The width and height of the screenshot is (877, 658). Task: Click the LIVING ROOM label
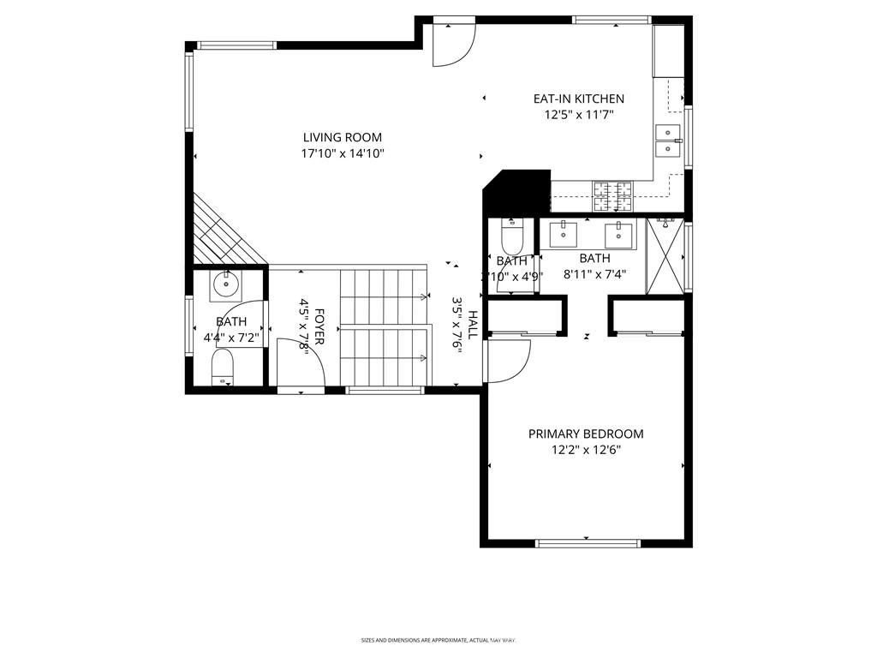pyautogui.click(x=342, y=137)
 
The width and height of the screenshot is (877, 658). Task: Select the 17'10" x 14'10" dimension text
pyautogui.click(x=342, y=154)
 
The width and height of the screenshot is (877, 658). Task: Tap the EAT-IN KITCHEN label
pyautogui.click(x=579, y=99)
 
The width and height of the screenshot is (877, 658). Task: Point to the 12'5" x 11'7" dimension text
pyautogui.click(x=579, y=115)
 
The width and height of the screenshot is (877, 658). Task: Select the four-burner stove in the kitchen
pyautogui.click(x=612, y=197)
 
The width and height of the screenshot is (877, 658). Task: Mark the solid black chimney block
pyautogui.click(x=518, y=190)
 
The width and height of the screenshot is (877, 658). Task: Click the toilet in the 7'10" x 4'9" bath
pyautogui.click(x=512, y=236)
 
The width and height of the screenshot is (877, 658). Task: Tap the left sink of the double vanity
pyautogui.click(x=564, y=230)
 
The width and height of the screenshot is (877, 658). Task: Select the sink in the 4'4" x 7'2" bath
pyautogui.click(x=227, y=284)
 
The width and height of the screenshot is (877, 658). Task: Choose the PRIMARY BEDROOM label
pyautogui.click(x=585, y=434)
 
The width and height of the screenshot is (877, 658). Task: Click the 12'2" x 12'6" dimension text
pyautogui.click(x=585, y=450)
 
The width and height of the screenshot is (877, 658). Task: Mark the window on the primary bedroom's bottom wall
pyautogui.click(x=587, y=542)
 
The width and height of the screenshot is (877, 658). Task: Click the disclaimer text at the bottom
pyautogui.click(x=438, y=640)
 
